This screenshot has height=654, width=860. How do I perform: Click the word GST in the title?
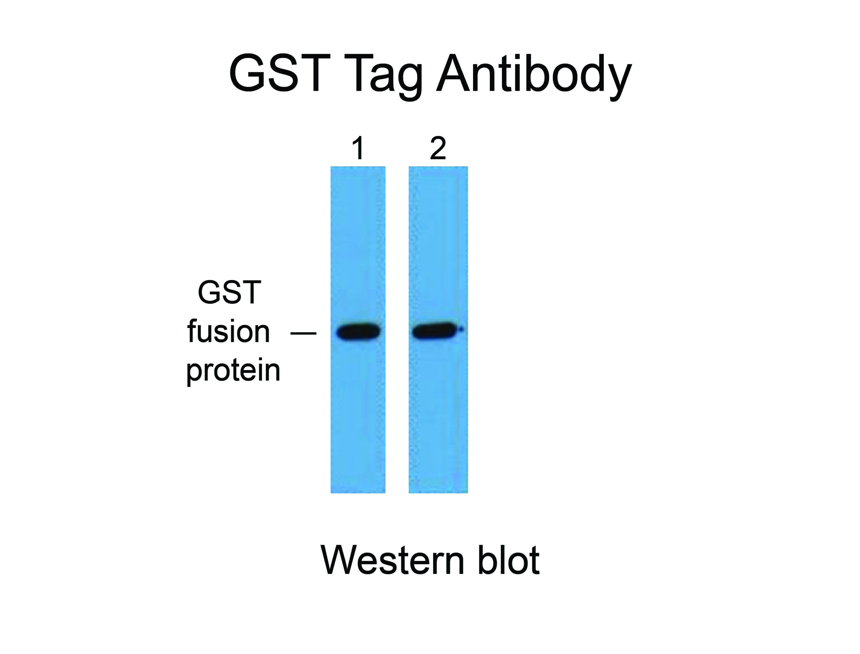(280, 73)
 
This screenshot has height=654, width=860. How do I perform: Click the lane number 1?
(358, 148)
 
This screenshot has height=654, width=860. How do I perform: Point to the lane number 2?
(438, 148)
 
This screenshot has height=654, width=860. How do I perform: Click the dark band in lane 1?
(358, 332)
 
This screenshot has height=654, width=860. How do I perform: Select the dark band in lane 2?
(435, 331)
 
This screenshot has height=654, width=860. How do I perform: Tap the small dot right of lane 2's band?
(461, 330)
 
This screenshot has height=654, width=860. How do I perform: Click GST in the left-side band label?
(229, 292)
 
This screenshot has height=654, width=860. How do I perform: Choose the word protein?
(233, 371)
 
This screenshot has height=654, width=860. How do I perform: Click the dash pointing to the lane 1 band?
(304, 333)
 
